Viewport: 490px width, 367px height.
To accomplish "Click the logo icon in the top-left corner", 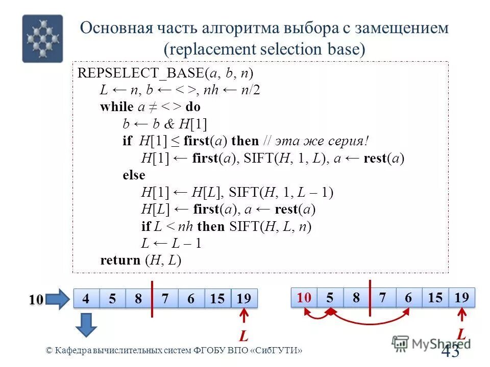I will tap(42, 38).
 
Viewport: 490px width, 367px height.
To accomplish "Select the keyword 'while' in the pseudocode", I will tap(116, 107).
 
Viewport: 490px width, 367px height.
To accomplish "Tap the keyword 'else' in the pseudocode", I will tap(134, 175).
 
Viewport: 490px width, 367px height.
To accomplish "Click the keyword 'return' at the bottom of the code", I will tap(120, 260).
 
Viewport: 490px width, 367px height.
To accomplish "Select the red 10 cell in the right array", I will tap(304, 298).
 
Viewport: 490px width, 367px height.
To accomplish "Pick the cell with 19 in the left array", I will tap(244, 299).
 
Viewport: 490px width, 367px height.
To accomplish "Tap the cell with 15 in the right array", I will tap(435, 298).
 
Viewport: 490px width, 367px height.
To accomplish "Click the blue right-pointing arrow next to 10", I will tap(58, 299).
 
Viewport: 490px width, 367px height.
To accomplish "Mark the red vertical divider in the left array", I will tap(152, 299).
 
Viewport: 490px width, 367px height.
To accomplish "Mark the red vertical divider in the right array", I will tap(370, 297).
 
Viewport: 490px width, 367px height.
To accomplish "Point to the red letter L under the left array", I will tap(243, 337).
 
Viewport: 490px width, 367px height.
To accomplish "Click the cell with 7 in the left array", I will tap(165, 299).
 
